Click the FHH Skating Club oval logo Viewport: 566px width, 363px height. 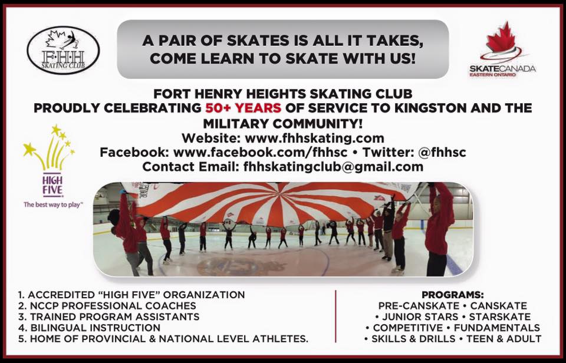click(x=63, y=50)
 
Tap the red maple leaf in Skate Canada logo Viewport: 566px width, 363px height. click(x=501, y=38)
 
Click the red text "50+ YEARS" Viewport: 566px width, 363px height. click(x=243, y=108)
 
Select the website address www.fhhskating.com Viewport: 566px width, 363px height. click(x=314, y=138)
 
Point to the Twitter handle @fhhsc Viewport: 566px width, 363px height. click(x=442, y=152)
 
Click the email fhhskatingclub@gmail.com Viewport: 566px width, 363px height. click(x=333, y=167)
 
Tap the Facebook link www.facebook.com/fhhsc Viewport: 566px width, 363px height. click(x=260, y=152)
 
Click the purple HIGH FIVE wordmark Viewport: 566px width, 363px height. click(x=52, y=185)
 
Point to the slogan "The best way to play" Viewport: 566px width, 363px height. click(x=53, y=204)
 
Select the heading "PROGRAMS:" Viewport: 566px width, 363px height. click(x=453, y=295)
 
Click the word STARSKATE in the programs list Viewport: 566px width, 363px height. click(x=500, y=317)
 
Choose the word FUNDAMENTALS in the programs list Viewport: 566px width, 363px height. click(x=496, y=328)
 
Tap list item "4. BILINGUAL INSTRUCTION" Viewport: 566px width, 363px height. click(x=89, y=328)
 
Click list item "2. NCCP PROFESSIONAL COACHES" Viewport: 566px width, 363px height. click(x=107, y=306)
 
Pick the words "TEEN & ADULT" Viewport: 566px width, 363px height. click(x=504, y=339)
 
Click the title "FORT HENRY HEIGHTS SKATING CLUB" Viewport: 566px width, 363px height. click(x=282, y=94)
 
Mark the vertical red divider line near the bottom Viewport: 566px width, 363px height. click(x=335, y=316)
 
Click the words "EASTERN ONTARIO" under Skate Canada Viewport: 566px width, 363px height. click(x=492, y=75)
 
